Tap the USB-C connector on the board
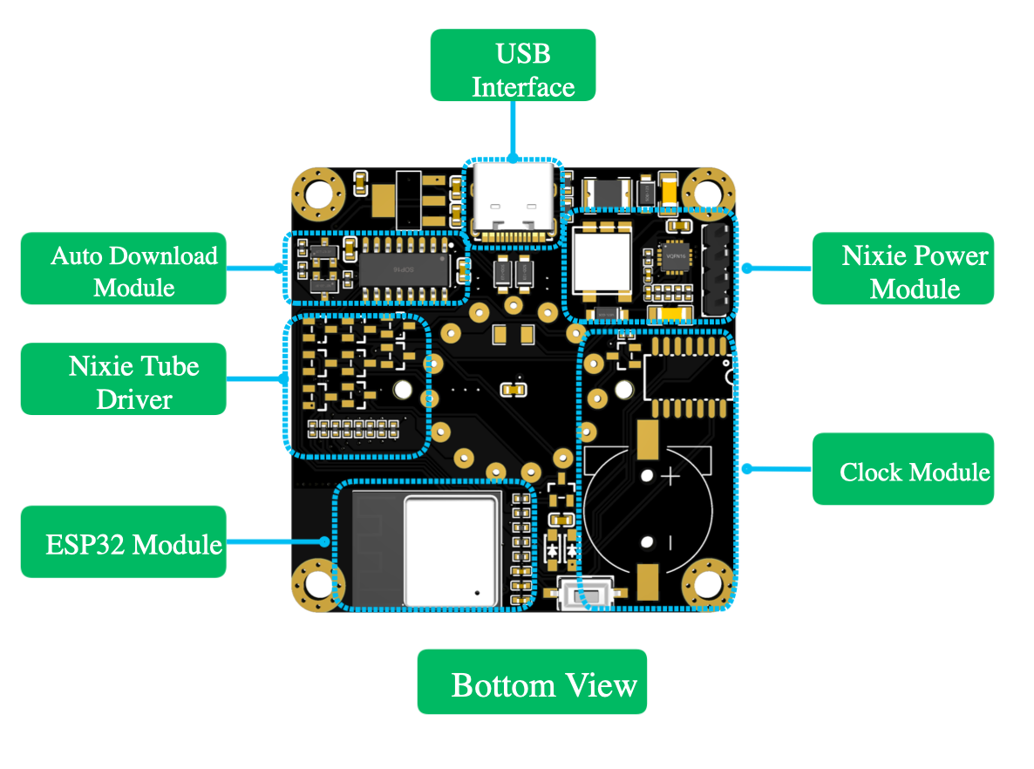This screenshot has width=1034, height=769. point(512,202)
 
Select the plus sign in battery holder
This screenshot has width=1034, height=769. point(670,477)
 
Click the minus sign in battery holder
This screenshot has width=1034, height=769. point(670,543)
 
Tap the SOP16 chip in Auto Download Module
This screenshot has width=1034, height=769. point(405,268)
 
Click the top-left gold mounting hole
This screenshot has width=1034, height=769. point(317,193)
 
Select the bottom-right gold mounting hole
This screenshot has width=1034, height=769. point(705,583)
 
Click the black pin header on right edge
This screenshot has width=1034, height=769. point(715,269)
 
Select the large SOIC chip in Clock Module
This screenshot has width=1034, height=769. point(686,377)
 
